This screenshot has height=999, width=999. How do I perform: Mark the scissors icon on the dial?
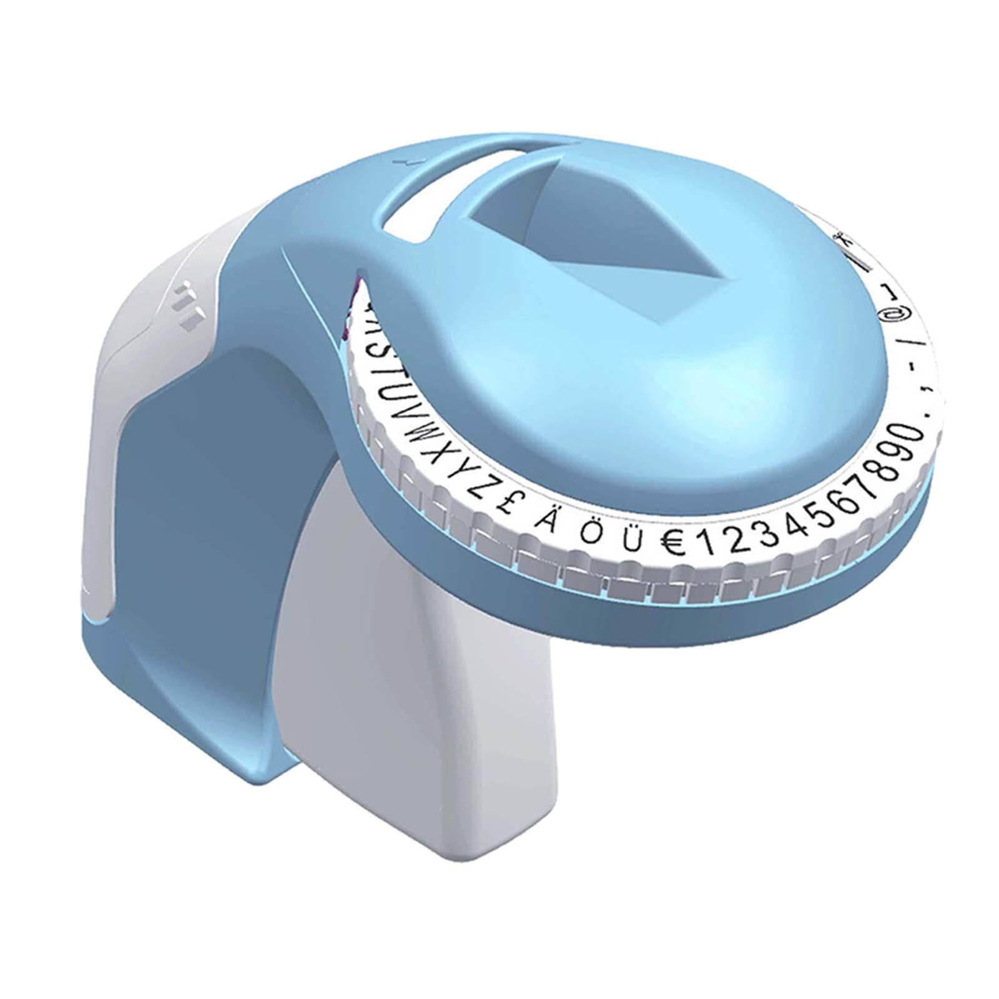[x=842, y=239]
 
